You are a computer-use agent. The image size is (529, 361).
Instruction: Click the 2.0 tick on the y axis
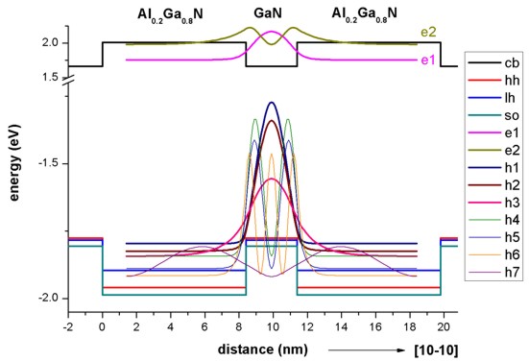[53, 43]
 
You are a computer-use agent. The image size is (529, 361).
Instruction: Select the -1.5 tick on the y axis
[50, 163]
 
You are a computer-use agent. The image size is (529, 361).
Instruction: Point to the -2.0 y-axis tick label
[50, 299]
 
